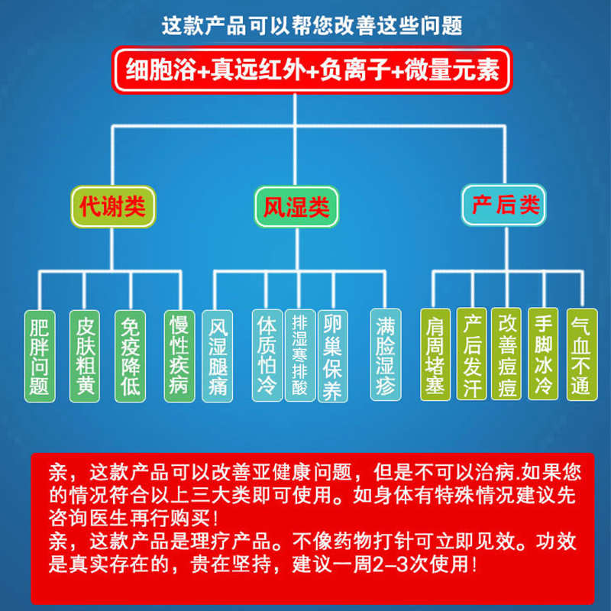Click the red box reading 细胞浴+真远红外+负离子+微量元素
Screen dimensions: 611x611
tap(310, 70)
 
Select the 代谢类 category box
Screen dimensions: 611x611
tap(112, 205)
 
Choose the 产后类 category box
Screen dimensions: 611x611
tap(506, 205)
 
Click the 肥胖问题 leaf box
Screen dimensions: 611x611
tap(39, 356)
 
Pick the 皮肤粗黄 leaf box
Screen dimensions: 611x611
tap(85, 356)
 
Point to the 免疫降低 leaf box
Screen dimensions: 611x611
tap(131, 356)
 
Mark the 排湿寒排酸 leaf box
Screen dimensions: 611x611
tap(299, 356)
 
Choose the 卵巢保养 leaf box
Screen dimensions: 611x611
tap(333, 356)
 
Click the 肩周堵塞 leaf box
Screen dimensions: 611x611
tap(435, 354)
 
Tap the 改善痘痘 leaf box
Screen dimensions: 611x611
tap(506, 354)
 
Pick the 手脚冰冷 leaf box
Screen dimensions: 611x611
tap(544, 354)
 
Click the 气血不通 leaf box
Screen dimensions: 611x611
tap(580, 354)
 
